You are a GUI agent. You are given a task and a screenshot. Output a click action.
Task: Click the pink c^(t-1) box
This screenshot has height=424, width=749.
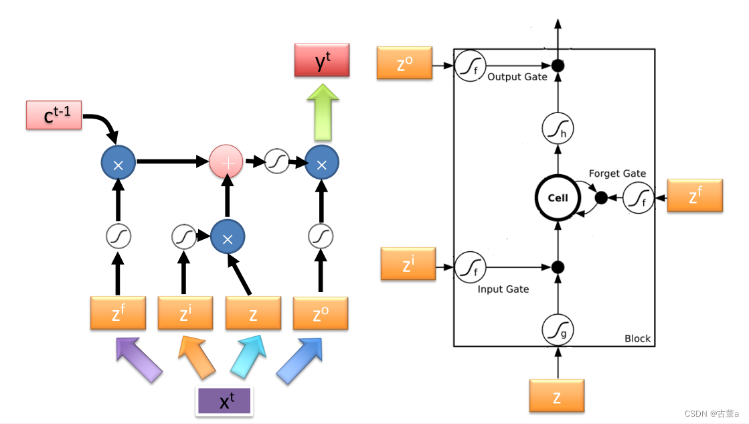coord(54,115)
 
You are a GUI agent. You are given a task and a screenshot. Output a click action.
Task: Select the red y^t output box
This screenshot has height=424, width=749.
coord(322,60)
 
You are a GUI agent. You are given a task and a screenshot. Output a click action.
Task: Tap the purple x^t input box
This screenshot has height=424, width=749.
coord(225,401)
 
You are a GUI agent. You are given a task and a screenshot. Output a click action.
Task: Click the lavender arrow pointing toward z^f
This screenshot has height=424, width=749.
coord(139,359)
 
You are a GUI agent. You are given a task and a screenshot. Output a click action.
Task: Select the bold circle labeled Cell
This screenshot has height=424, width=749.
coord(558,198)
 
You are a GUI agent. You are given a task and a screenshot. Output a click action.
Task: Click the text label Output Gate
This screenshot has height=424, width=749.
coord(517,77)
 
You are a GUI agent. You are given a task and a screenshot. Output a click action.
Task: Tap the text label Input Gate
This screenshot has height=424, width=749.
coord(503,289)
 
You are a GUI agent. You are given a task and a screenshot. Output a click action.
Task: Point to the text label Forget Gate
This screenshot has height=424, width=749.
coord(617,173)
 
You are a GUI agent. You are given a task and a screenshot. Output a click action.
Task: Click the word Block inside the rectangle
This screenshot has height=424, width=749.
coord(637,338)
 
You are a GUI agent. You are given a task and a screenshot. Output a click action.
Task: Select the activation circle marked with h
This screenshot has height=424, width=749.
coord(558,128)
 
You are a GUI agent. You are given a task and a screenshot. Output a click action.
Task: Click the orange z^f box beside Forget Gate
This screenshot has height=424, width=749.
coord(695,196)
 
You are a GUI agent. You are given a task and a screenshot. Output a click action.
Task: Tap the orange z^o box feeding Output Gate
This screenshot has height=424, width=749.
coord(404,63)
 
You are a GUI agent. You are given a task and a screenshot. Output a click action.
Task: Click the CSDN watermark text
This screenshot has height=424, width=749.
coord(712,414)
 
